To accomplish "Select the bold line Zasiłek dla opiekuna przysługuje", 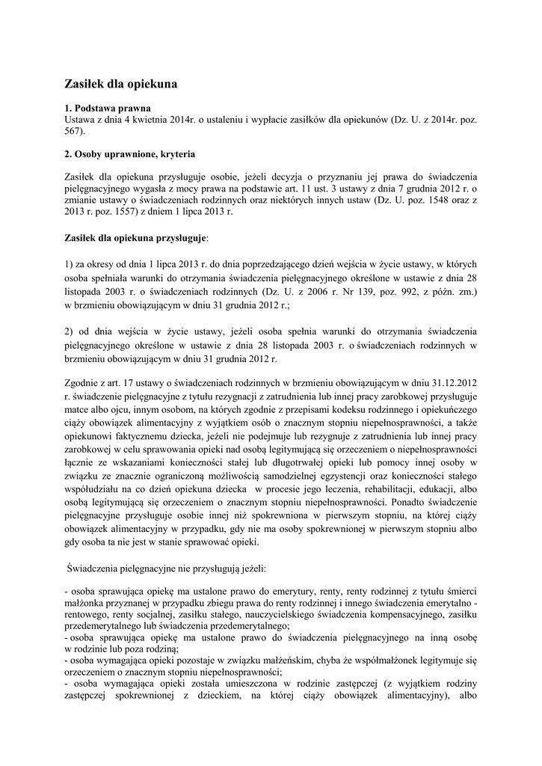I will (x=136, y=237).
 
